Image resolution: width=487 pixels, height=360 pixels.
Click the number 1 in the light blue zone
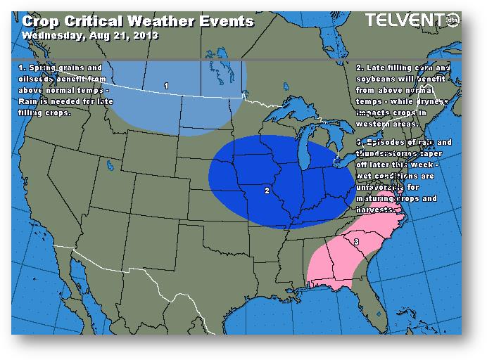166,86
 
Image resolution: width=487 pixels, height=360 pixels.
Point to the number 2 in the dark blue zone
267,190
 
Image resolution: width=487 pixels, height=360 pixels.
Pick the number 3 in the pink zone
356,242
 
